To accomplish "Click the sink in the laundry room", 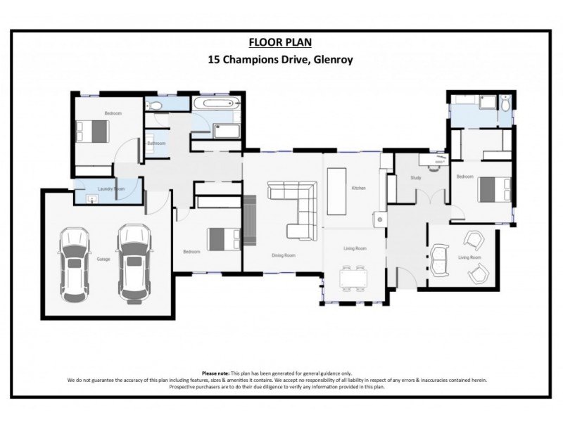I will [89, 199].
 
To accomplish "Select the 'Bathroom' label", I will [156, 143].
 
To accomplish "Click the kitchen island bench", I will [336, 191].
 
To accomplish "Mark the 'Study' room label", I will [415, 178].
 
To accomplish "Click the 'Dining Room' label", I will [282, 255].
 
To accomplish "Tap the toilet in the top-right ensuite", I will [504, 105].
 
